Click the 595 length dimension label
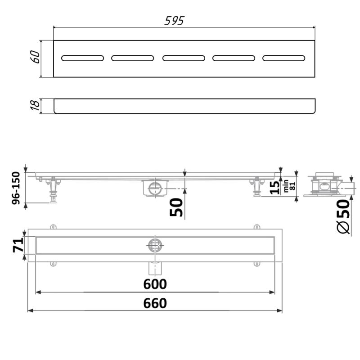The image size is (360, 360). click(x=175, y=21)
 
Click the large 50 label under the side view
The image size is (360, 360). click(x=177, y=207)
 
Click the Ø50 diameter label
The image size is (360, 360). click(x=343, y=216)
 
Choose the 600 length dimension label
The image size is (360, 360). click(x=155, y=284)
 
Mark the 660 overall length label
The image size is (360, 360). click(x=155, y=303)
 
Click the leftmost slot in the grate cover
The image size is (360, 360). click(x=83, y=58)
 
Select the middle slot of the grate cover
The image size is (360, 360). click(x=184, y=58)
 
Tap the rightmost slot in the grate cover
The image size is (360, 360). click(x=284, y=58)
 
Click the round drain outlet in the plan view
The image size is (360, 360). click(x=155, y=245)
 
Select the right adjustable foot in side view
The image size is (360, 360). click(x=257, y=187)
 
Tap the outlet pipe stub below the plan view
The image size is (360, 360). click(x=155, y=268)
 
